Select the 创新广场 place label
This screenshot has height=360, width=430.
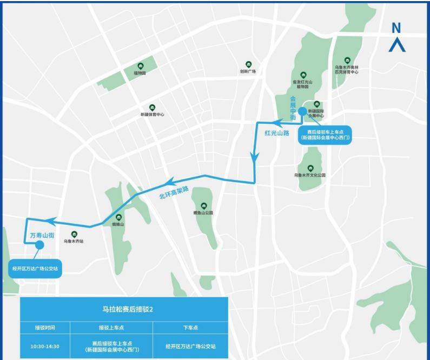tap(248, 71)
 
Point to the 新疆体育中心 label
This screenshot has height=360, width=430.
tap(152, 115)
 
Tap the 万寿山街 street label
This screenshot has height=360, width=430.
tap(42, 236)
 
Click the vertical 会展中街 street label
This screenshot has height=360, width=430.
tap(293, 108)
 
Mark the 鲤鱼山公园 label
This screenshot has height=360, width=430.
tap(203, 213)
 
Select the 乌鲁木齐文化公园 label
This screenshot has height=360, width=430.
tap(310, 175)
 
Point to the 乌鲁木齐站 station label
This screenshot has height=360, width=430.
tap(74, 242)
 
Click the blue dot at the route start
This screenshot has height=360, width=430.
tap(302, 112)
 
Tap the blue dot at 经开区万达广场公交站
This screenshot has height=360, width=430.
tap(39, 245)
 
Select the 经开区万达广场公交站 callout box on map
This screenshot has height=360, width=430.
tap(36, 268)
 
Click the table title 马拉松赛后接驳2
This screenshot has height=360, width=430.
tap(124, 309)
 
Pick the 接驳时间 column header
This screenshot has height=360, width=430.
tap(45, 328)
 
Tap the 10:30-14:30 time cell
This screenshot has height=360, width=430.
tap(45, 346)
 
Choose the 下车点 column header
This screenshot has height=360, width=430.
tap(190, 328)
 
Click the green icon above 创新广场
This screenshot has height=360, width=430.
tap(248, 64)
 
